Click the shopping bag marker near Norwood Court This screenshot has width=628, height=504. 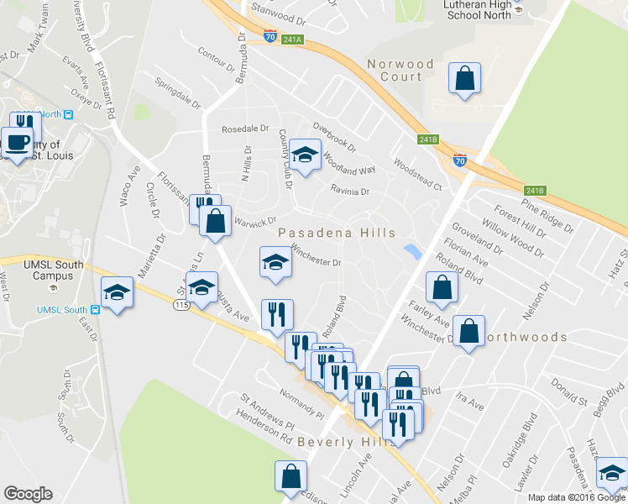tap(463, 79)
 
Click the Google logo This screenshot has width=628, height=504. tap(28, 494)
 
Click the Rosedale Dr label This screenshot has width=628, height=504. tap(244, 129)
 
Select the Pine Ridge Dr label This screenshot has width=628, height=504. tap(547, 215)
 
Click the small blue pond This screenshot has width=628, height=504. tap(411, 251)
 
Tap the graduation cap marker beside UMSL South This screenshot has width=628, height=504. tap(117, 291)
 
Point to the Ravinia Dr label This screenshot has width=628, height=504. tap(349, 191)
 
